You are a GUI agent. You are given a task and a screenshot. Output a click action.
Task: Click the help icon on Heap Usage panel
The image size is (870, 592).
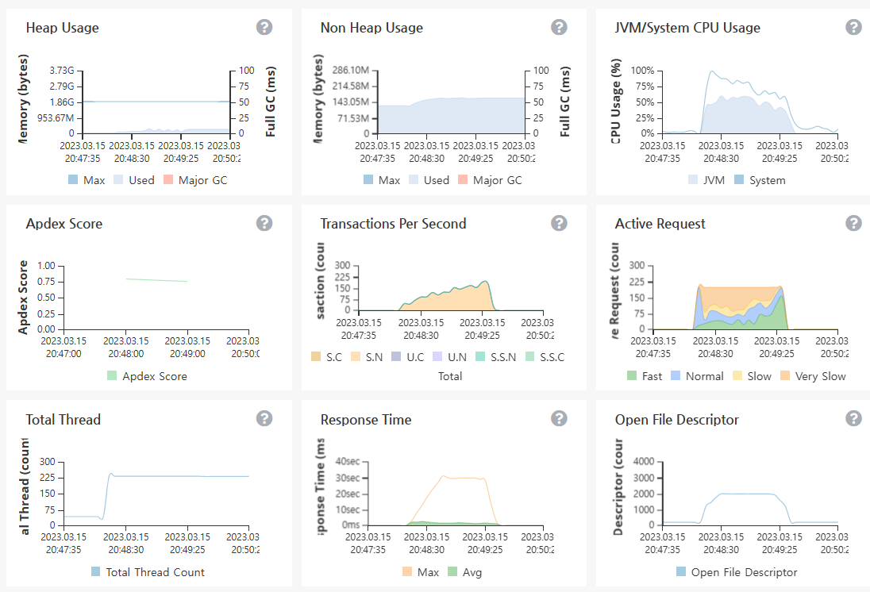click(x=264, y=27)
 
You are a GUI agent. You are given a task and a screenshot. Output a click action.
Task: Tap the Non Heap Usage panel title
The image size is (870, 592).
click(x=371, y=28)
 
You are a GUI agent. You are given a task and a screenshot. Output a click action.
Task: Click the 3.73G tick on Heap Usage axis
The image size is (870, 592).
click(x=61, y=71)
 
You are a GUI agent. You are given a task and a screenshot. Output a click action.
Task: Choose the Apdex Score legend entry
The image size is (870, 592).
click(x=147, y=376)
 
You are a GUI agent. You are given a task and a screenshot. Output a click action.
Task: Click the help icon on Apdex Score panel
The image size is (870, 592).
click(x=264, y=223)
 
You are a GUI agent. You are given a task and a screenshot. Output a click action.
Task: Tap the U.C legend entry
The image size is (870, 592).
click(x=409, y=357)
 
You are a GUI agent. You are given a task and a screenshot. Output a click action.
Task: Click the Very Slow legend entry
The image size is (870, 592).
click(x=813, y=376)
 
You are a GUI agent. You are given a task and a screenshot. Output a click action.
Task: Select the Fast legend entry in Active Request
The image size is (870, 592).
click(x=644, y=376)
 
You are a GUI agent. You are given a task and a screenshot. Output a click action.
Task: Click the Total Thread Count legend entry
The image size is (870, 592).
click(x=148, y=572)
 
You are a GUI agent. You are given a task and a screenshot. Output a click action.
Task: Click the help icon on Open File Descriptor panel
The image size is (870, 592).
click(x=853, y=418)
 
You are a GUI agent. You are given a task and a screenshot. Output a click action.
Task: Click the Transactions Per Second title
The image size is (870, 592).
click(x=393, y=224)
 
